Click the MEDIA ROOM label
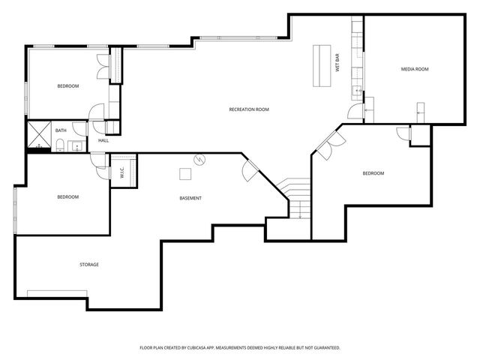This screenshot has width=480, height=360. (414, 69)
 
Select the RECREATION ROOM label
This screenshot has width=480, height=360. (249, 109)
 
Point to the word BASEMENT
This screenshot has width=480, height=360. (190, 198)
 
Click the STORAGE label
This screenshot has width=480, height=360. (89, 264)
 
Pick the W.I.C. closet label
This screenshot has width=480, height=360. (121, 172)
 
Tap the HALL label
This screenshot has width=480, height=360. (103, 140)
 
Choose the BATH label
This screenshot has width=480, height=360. (61, 130)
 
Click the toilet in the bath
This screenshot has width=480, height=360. (59, 144)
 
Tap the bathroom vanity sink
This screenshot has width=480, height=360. (78, 145)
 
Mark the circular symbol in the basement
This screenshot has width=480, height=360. (199, 159)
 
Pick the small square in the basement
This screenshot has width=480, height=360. (185, 174)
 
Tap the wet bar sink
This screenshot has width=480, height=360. (358, 91)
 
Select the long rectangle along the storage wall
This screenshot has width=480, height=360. (55, 292)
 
